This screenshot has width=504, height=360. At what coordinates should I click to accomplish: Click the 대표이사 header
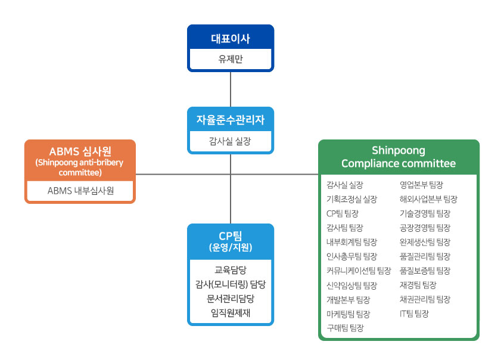point(230,39)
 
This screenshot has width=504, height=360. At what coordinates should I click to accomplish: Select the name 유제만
point(230,60)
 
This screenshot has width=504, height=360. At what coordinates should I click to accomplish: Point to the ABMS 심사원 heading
point(80,151)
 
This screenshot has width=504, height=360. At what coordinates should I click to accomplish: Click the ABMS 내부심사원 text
point(80,191)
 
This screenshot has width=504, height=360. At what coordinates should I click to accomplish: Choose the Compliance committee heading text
point(398,163)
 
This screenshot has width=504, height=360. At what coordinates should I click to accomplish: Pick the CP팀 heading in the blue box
point(230,235)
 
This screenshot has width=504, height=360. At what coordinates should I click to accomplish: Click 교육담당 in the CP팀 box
point(230,269)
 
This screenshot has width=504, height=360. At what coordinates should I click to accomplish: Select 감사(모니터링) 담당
point(230,283)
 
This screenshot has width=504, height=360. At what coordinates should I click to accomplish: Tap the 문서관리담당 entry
point(230,297)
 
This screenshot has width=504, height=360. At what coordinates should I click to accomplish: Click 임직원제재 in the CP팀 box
point(230,312)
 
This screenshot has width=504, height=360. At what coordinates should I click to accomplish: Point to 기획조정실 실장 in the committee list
point(351,199)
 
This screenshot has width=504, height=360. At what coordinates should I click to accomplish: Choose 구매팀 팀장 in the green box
point(345,328)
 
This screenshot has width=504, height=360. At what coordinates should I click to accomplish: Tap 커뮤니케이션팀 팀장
point(359,271)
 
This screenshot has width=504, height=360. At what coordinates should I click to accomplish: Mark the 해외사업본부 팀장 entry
point(428,199)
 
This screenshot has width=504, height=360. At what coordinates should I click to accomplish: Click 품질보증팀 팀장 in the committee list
point(425,271)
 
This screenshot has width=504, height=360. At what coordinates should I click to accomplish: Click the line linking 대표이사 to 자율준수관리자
point(230,89)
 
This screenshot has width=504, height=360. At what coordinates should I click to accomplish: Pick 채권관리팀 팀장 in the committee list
point(425,299)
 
